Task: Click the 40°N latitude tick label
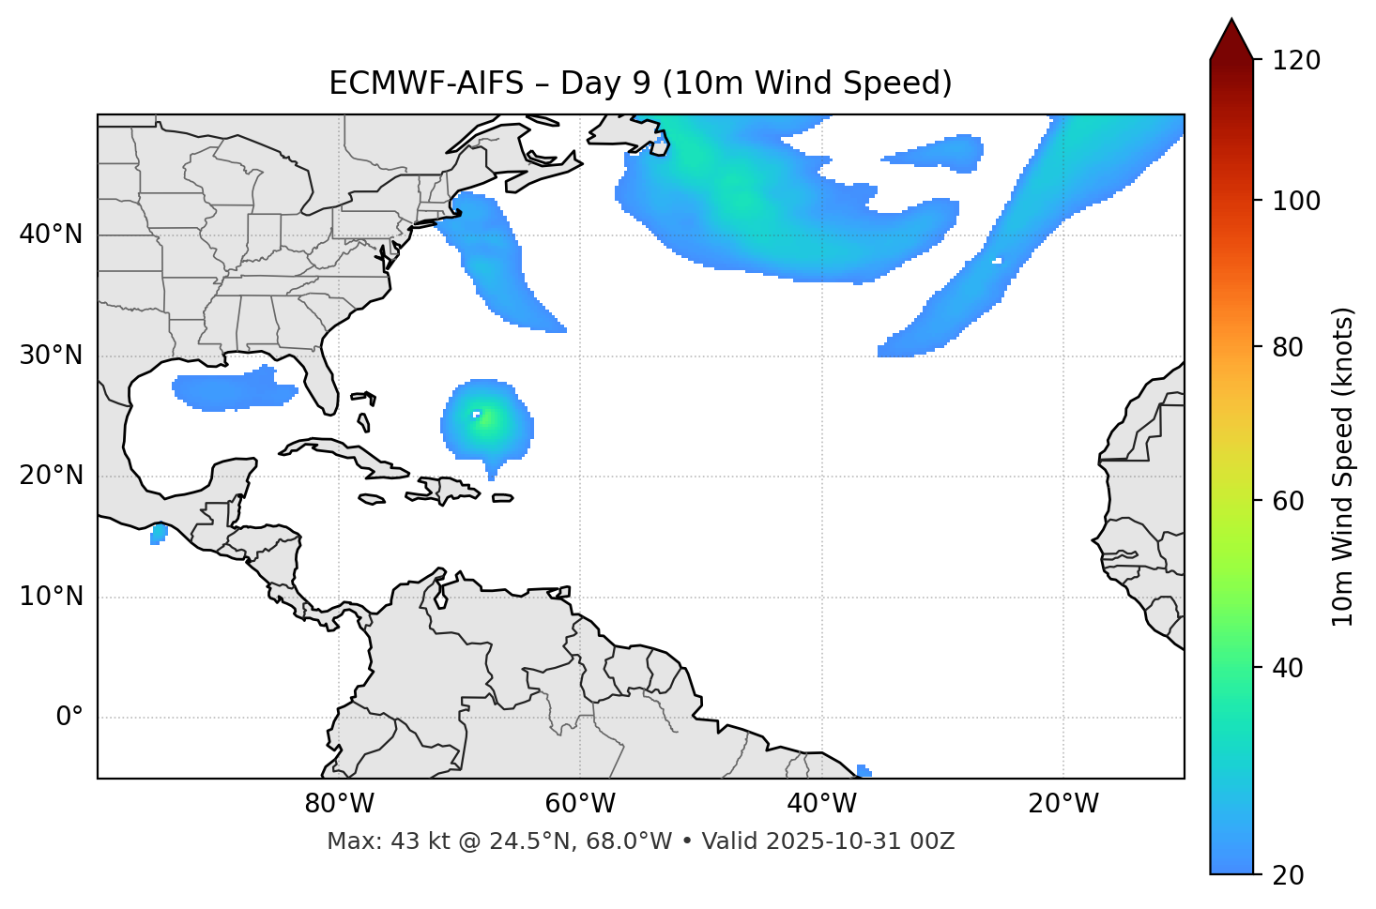pyautogui.click(x=51, y=235)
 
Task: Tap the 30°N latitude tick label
pyautogui.click(x=51, y=356)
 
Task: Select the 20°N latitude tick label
pyautogui.click(x=51, y=476)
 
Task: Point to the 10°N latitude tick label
pyautogui.click(x=51, y=597)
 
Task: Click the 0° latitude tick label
pyautogui.click(x=69, y=718)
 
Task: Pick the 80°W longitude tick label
pyautogui.click(x=339, y=804)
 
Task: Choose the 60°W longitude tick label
pyautogui.click(x=580, y=804)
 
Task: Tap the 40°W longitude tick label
pyautogui.click(x=821, y=804)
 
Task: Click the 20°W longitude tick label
pyautogui.click(x=1063, y=804)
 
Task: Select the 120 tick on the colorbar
pyautogui.click(x=1298, y=61)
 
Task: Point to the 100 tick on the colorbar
pyautogui.click(x=1298, y=201)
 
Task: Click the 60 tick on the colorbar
pyautogui.click(x=1289, y=501)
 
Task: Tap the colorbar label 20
pyautogui.click(x=1289, y=875)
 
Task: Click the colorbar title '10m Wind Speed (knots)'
pyautogui.click(x=1343, y=466)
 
